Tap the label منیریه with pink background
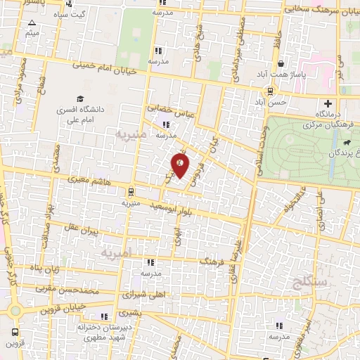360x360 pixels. tap(131, 132)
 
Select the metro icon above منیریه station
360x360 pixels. tap(131, 191)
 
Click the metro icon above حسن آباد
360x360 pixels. tap(271, 91)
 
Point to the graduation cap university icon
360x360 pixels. tap(80, 99)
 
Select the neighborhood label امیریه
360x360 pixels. tap(116, 252)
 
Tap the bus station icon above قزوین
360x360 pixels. tap(15, 331)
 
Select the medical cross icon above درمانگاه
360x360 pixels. tap(328, 103)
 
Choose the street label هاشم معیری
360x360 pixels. tap(89, 181)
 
